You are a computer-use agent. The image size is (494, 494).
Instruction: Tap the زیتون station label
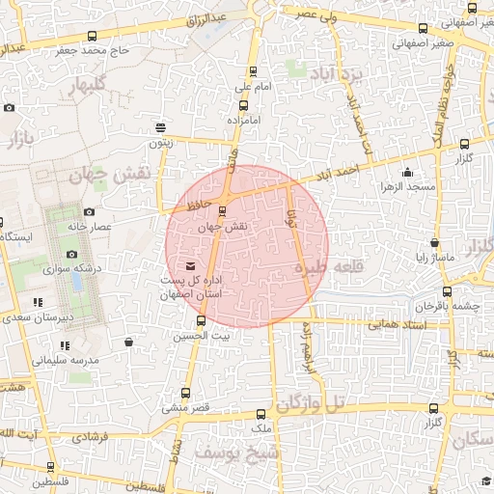point(159,143)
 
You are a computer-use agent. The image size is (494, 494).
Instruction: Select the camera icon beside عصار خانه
point(89,211)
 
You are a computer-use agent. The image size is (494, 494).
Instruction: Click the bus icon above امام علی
point(254,71)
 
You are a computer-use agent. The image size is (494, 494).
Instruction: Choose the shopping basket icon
point(128,342)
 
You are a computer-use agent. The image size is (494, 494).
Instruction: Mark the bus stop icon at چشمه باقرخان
point(446,290)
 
